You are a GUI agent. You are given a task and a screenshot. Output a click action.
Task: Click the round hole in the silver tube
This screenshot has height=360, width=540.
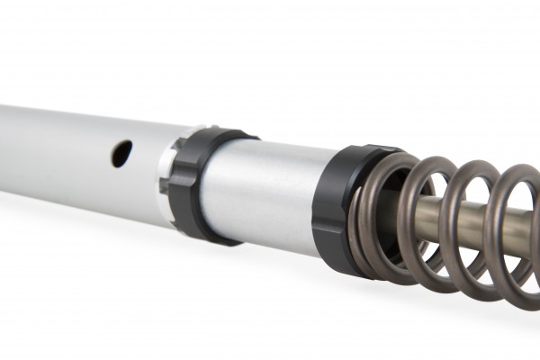click(x=121, y=152)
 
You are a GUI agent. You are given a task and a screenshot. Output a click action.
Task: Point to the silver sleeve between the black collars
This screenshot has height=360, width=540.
click(x=261, y=193)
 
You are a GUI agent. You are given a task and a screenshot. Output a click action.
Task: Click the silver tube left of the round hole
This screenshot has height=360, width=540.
click(x=54, y=144)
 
